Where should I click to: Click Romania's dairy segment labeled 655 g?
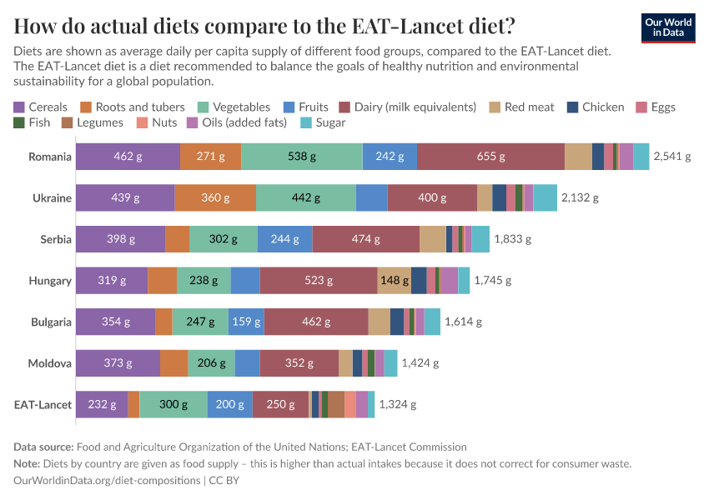tap(490, 157)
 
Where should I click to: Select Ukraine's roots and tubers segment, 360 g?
tap(215, 197)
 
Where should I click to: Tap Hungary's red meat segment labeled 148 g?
tap(394, 280)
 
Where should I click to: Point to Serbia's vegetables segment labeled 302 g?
tap(223, 239)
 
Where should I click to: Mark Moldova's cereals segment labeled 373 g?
tap(118, 362)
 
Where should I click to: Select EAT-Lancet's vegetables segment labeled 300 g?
tap(173, 404)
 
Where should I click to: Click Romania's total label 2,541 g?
tap(672, 157)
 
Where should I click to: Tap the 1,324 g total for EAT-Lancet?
tap(397, 404)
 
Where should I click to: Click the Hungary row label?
tap(51, 280)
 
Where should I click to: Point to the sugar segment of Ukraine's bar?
tap(545, 197)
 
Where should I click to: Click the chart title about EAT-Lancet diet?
tap(264, 26)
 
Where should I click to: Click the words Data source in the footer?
tap(43, 447)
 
